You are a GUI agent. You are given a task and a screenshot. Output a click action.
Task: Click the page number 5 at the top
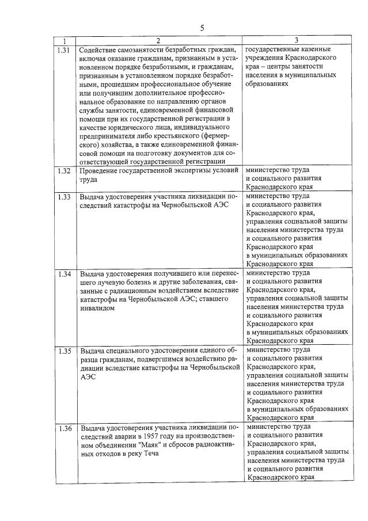pos(202,28)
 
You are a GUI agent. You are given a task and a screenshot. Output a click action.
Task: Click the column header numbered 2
pos(158,40)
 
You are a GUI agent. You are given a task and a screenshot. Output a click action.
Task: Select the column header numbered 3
pos(296,40)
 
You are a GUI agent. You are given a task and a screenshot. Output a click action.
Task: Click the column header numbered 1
pos(65,40)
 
